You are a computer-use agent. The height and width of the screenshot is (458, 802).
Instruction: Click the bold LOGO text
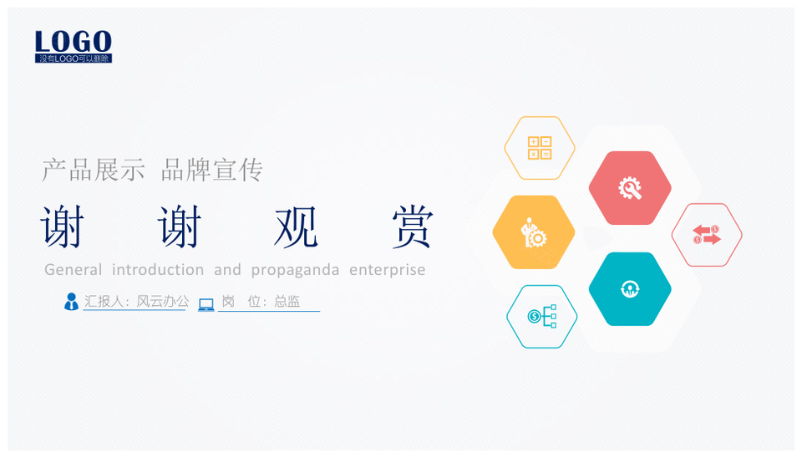click(74, 42)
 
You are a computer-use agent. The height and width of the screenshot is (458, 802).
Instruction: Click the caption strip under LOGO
click(74, 59)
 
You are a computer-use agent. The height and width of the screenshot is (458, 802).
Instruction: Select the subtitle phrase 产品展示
click(94, 170)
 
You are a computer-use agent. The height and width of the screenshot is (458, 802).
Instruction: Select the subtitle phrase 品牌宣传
click(211, 170)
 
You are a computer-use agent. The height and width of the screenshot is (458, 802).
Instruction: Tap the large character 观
click(296, 226)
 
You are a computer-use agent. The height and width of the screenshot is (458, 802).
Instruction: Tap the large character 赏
click(413, 226)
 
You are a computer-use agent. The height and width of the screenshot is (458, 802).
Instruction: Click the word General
click(74, 270)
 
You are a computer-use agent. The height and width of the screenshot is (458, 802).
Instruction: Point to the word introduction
click(158, 270)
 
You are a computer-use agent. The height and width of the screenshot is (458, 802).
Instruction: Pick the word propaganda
click(295, 271)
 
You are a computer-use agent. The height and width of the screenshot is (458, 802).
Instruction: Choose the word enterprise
click(387, 271)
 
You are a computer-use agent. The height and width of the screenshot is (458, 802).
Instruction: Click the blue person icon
click(71, 302)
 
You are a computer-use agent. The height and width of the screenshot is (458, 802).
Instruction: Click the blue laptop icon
click(206, 305)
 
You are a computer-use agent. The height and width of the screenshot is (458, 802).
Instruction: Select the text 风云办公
click(162, 302)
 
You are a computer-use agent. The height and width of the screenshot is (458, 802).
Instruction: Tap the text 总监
click(287, 302)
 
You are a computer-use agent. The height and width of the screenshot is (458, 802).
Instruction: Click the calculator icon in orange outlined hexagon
click(540, 148)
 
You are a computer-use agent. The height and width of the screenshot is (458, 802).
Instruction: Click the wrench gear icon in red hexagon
click(630, 188)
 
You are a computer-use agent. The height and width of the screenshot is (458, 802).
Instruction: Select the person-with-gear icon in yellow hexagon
click(534, 233)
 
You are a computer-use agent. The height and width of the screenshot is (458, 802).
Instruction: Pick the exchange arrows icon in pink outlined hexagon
click(707, 235)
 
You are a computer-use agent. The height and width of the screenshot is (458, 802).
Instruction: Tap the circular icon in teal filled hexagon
click(630, 289)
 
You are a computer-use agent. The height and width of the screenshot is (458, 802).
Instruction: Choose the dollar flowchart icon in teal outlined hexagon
click(542, 316)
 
